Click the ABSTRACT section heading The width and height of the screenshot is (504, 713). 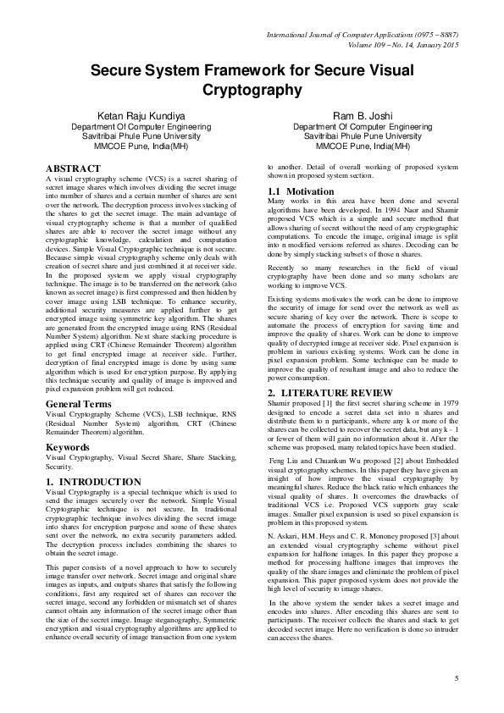(x=73, y=169)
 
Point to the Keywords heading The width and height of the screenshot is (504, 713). (x=68, y=445)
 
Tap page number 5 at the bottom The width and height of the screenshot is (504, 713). (x=456, y=678)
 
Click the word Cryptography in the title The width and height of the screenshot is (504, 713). (x=252, y=88)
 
